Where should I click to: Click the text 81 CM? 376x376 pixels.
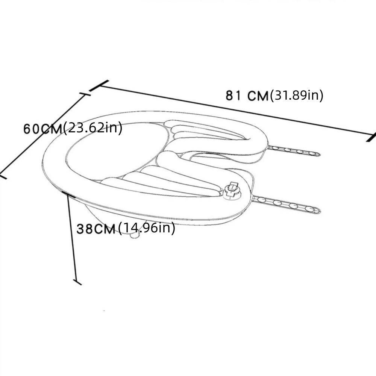coord(247,96)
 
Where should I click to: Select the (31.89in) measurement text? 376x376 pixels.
coord(297,95)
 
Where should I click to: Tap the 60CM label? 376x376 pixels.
coord(43,129)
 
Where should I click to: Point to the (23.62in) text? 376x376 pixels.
coord(93,128)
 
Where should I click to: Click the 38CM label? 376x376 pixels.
coord(96,229)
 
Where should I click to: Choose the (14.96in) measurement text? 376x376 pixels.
coord(147,228)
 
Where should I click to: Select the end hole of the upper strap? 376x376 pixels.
coord(312,153)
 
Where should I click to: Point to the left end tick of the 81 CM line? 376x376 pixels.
coord(99,86)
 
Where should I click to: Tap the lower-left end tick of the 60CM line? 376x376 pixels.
coord(3,176)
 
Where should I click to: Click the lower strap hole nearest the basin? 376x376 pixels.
coord(261,200)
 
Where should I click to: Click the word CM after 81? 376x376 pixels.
coord(258,96)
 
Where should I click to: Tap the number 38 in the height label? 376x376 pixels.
coord(84,229)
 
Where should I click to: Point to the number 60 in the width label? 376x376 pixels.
coord(32,129)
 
